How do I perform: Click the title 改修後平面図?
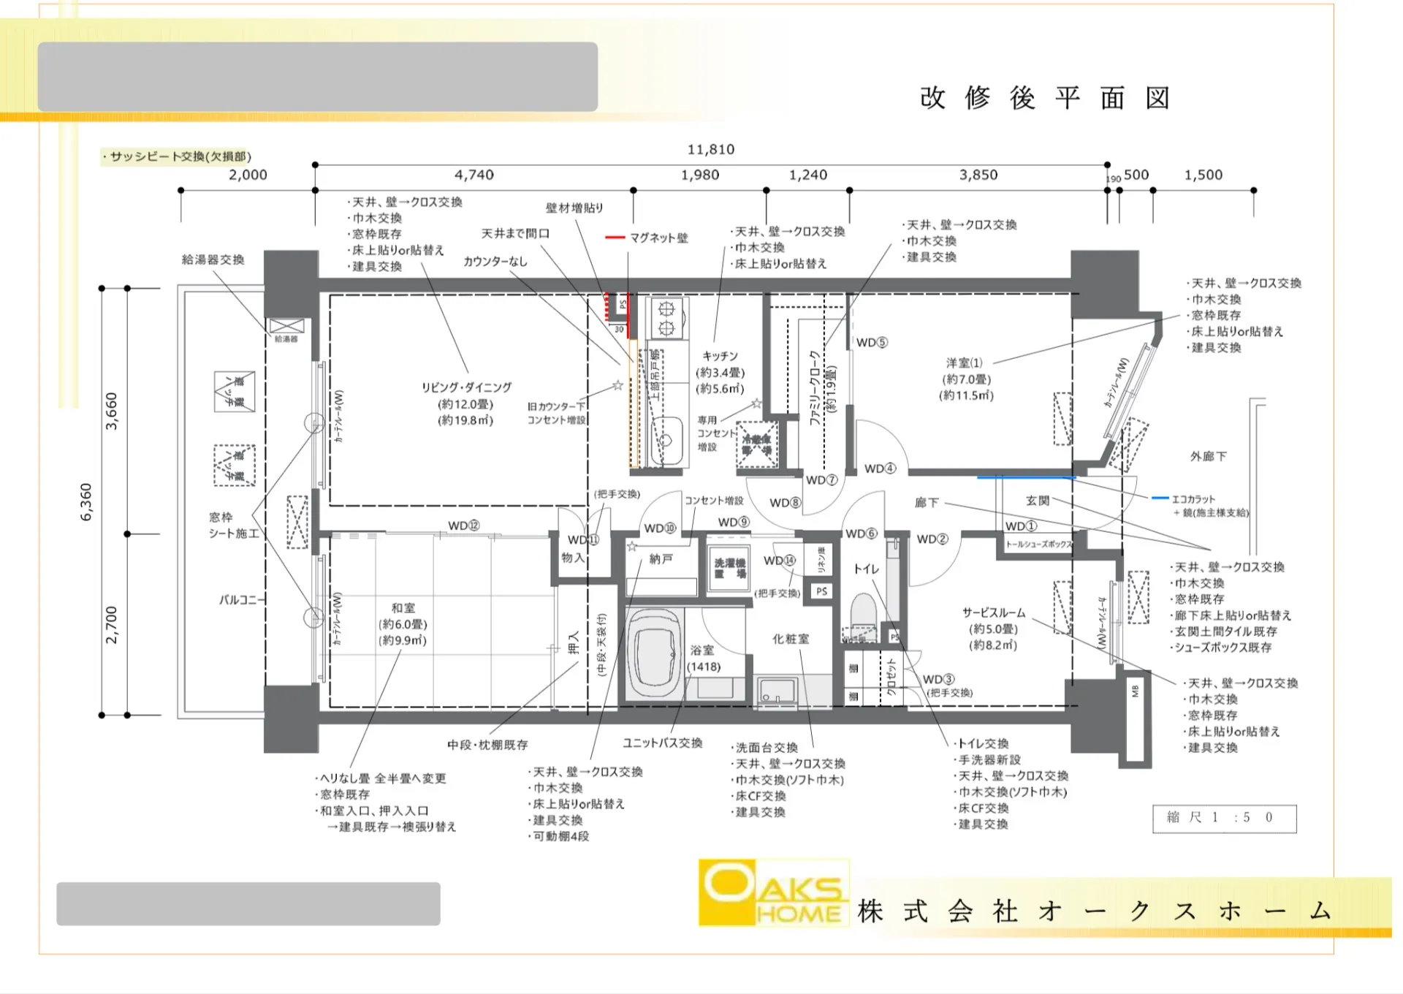point(1045,98)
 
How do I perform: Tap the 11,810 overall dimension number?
point(710,149)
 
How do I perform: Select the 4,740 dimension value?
point(474,175)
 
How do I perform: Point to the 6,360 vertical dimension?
point(86,502)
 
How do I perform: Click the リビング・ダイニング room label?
point(466,387)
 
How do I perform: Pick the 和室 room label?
point(403,607)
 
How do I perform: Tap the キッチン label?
point(720,356)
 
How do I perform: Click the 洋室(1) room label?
point(965,363)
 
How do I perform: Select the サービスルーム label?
point(993,612)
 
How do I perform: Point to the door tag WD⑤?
point(871,342)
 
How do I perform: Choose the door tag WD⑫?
point(464,526)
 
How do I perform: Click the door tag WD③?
point(938,679)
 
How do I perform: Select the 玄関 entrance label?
point(1037,501)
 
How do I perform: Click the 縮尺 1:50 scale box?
point(1224,818)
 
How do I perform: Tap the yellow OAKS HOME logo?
point(773,892)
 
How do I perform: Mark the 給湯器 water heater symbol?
point(286,327)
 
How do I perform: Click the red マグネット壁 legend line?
point(615,238)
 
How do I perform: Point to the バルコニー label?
point(238,599)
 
